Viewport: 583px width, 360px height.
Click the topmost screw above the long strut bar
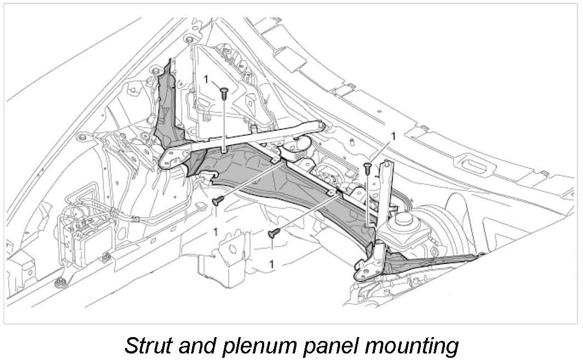(x=224, y=93)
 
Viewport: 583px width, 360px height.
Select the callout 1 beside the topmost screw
(x=206, y=79)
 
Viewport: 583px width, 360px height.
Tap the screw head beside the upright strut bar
(x=367, y=166)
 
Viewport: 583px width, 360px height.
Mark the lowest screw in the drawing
(x=272, y=233)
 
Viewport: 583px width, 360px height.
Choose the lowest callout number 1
(x=271, y=264)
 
